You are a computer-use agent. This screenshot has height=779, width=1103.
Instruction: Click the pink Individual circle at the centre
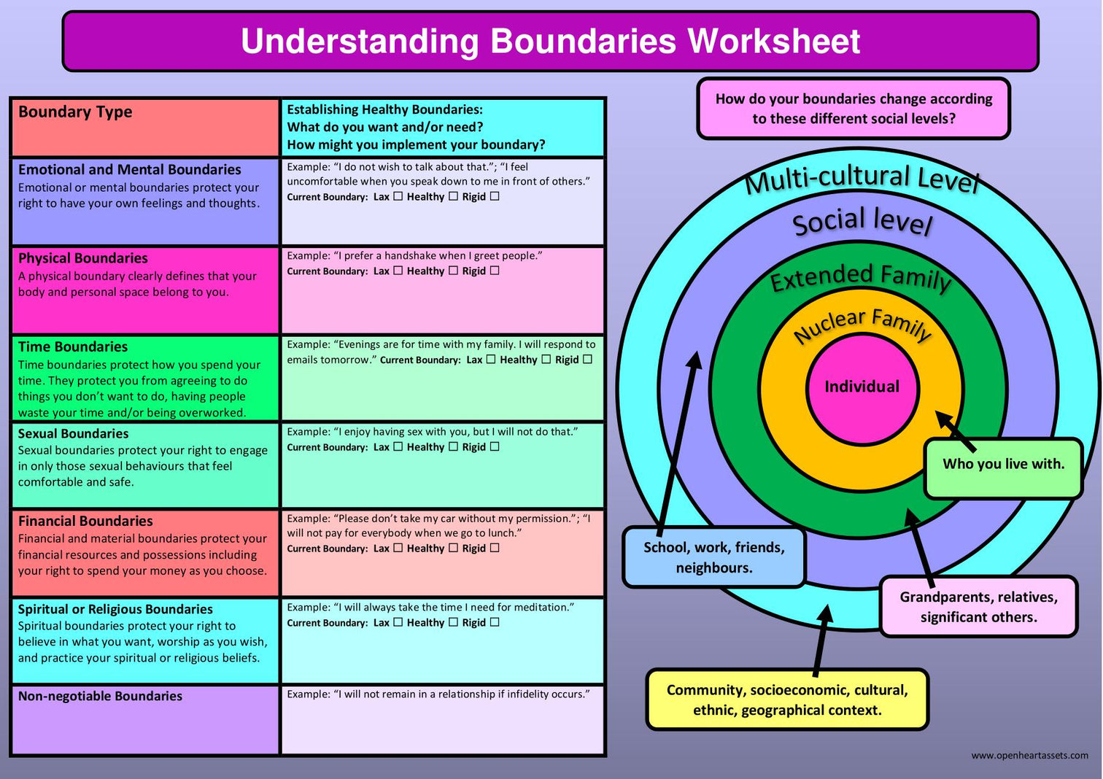(x=862, y=387)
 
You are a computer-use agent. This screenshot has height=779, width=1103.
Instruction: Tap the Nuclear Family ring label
(x=862, y=325)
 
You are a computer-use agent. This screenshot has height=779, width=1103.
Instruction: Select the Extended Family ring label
(x=861, y=277)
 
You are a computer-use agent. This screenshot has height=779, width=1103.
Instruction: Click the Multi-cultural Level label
(x=862, y=179)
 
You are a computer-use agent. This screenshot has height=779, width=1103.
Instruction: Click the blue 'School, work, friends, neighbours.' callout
(x=713, y=558)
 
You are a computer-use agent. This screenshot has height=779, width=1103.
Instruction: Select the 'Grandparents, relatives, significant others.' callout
(x=978, y=607)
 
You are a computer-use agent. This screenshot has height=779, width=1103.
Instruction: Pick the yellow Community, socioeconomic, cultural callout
(x=787, y=699)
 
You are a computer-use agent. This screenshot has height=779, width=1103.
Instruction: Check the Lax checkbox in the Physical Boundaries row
(x=398, y=271)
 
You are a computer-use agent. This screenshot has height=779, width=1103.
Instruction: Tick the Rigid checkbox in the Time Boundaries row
(x=588, y=360)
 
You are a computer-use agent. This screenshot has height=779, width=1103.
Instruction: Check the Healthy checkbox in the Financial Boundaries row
(x=453, y=548)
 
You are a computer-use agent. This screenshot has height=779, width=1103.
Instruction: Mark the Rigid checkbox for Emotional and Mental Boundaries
(x=495, y=196)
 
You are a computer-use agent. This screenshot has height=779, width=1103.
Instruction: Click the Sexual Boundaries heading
(x=73, y=433)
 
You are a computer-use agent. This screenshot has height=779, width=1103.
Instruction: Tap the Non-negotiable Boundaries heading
(x=100, y=696)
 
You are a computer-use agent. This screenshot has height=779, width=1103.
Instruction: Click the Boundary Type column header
(x=75, y=112)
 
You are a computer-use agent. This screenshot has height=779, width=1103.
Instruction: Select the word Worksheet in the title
(x=774, y=41)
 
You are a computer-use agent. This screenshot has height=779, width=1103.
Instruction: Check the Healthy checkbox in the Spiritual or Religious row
(x=453, y=622)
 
